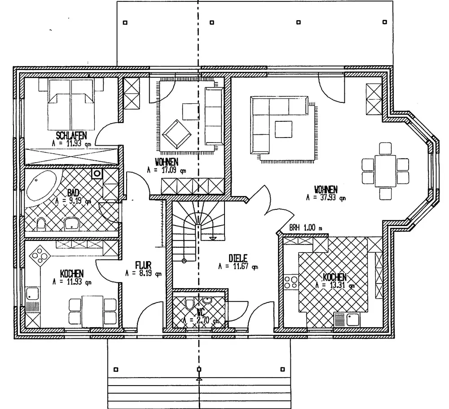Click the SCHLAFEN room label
[71, 135]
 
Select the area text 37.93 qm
[326, 197]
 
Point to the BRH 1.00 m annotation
[305, 228]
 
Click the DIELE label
[238, 258]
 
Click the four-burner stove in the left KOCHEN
[38, 257]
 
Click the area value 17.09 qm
[166, 171]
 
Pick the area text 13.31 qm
[335, 285]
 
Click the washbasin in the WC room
[207, 300]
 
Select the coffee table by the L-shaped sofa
[283, 129]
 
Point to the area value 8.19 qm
[143, 273]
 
